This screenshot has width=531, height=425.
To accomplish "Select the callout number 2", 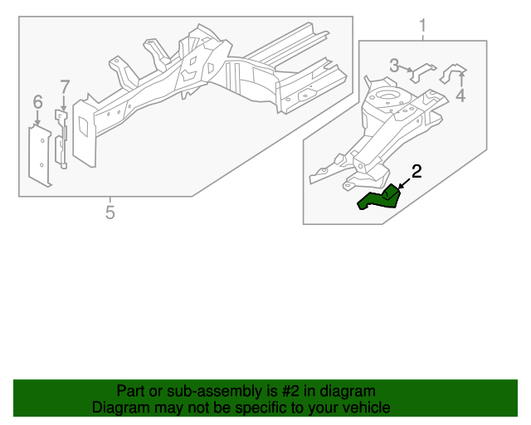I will tap(417, 172).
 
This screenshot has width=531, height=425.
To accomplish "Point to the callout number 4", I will tap(460, 95).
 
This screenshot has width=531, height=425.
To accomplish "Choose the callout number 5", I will tap(110, 212).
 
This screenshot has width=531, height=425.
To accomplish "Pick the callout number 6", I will tap(37, 102).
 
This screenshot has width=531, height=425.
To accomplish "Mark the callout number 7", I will tap(65, 85).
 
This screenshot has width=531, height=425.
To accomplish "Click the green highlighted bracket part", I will tap(379, 198).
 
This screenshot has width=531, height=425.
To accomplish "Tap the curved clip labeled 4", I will tap(453, 73).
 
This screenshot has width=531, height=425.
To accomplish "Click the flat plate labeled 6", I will tap(39, 154).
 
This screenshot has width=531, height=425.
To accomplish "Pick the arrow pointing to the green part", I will tap(403, 183).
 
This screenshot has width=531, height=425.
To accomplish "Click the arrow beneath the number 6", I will tap(37, 120).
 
